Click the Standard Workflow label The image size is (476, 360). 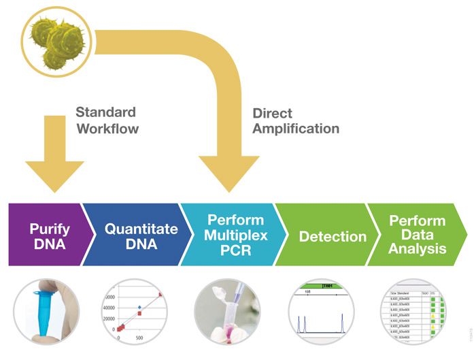pyautogui.click(x=106, y=120)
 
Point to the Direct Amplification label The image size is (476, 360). pyautogui.click(x=296, y=120)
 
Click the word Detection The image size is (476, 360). pyautogui.click(x=333, y=236)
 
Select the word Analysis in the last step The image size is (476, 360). pyautogui.click(x=418, y=248)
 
